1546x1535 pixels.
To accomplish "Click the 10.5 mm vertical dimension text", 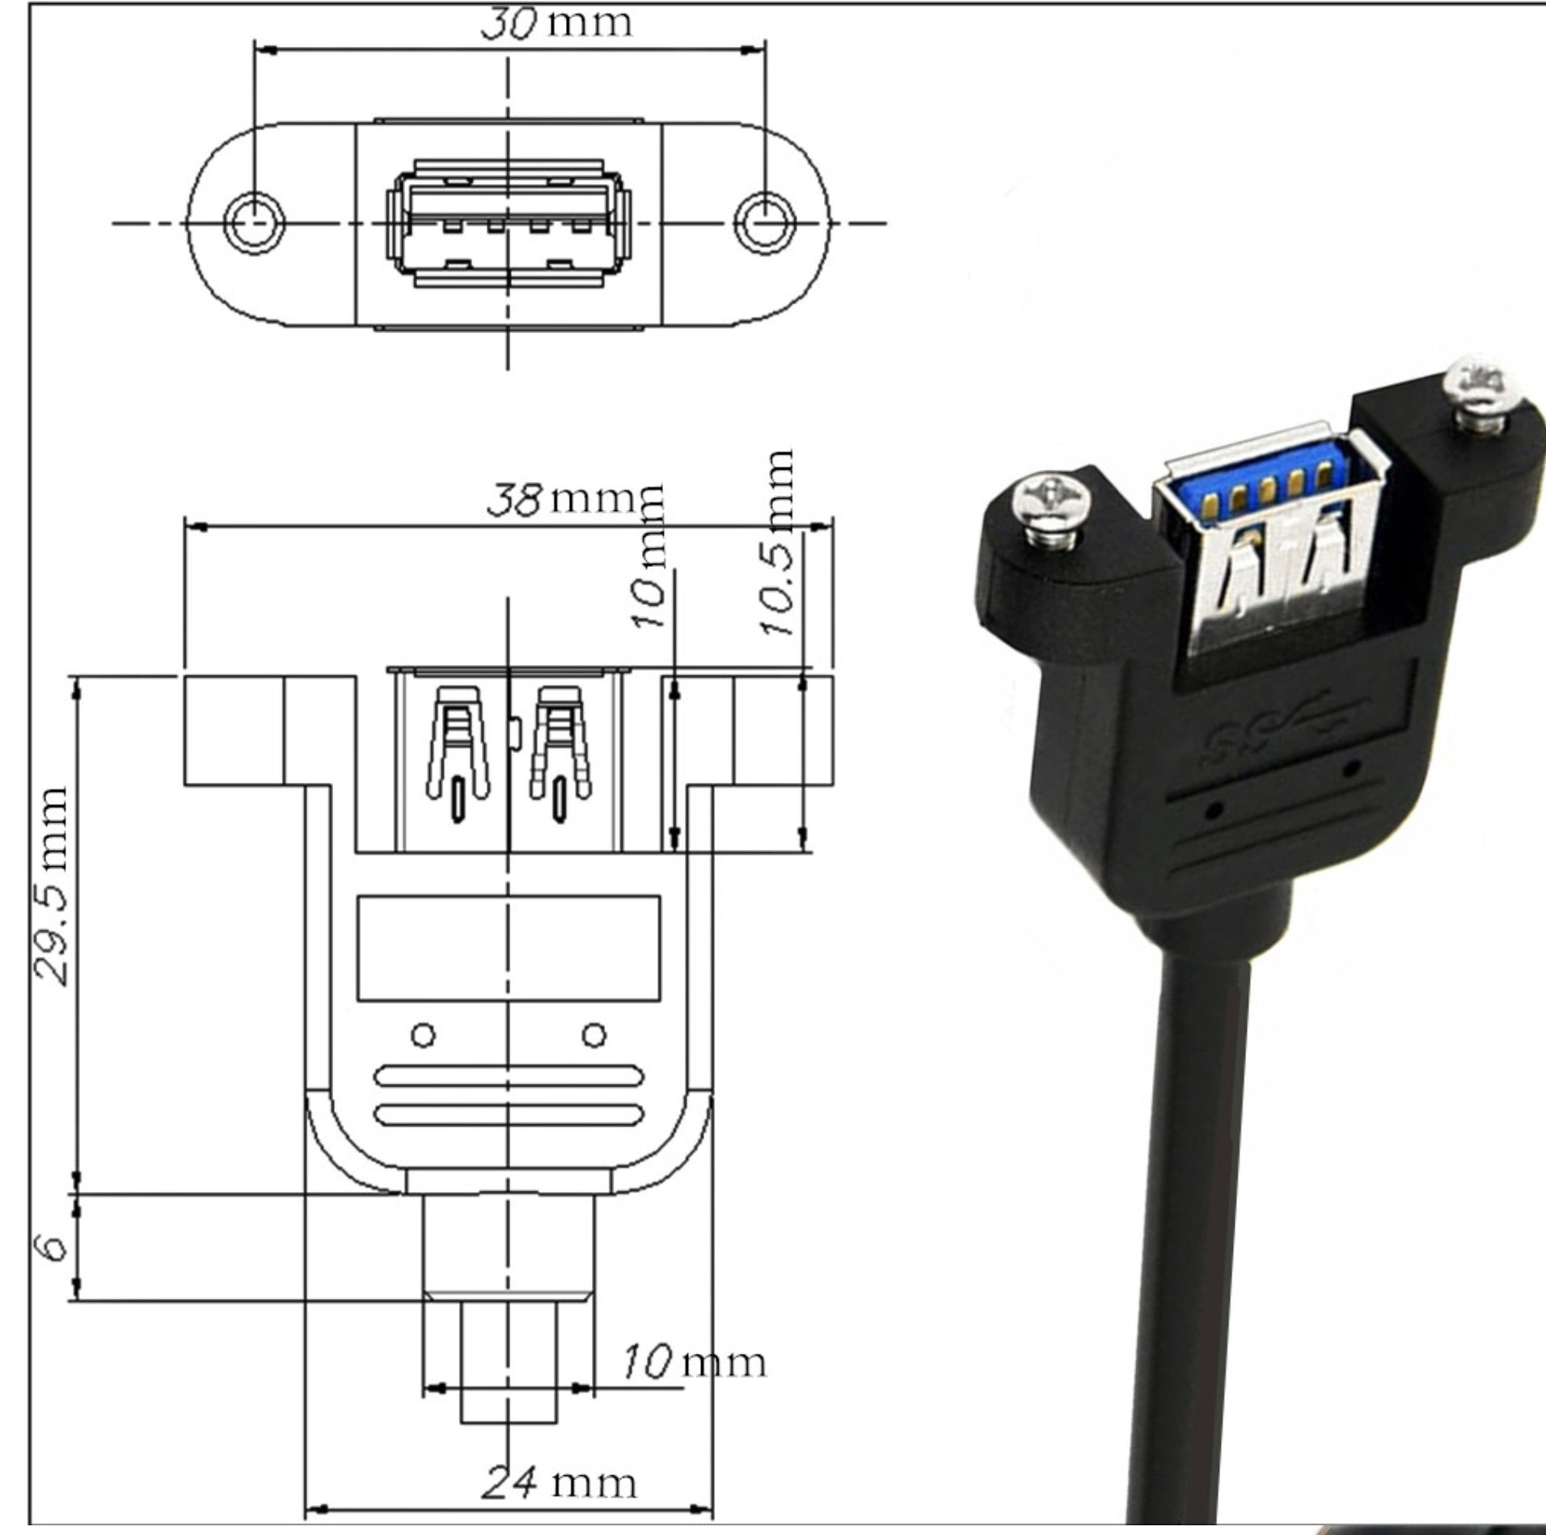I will pyautogui.click(x=779, y=543).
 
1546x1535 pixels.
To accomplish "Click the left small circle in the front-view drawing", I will pyautogui.click(x=423, y=1035).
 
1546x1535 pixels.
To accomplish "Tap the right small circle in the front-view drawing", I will pyautogui.click(x=594, y=1035).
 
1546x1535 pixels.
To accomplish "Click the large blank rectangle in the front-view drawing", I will pyautogui.click(x=509, y=947).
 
